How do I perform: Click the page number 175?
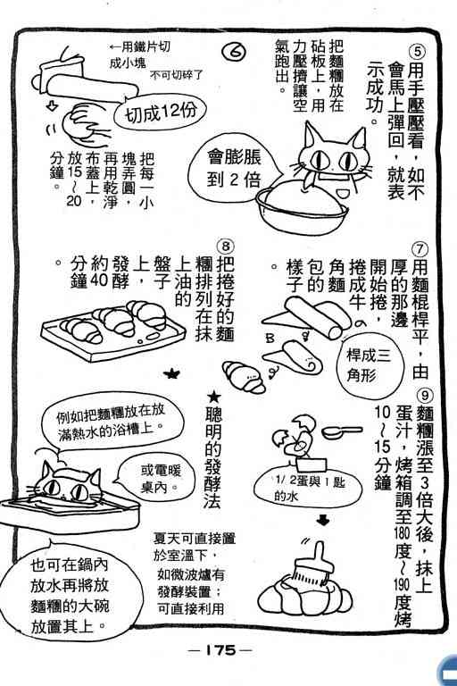pyautogui.click(x=220, y=650)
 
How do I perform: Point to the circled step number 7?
pyautogui.click(x=419, y=249)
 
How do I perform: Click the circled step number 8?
pyautogui.click(x=226, y=246)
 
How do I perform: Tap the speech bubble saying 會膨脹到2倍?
pyautogui.click(x=232, y=167)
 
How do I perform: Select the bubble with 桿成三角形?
pyautogui.click(x=368, y=364)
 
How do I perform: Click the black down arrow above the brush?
pyautogui.click(x=323, y=521)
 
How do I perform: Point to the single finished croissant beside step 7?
pyautogui.click(x=244, y=377)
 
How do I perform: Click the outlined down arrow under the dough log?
pyautogui.click(x=52, y=105)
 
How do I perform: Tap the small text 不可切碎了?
pyautogui.click(x=177, y=75)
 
